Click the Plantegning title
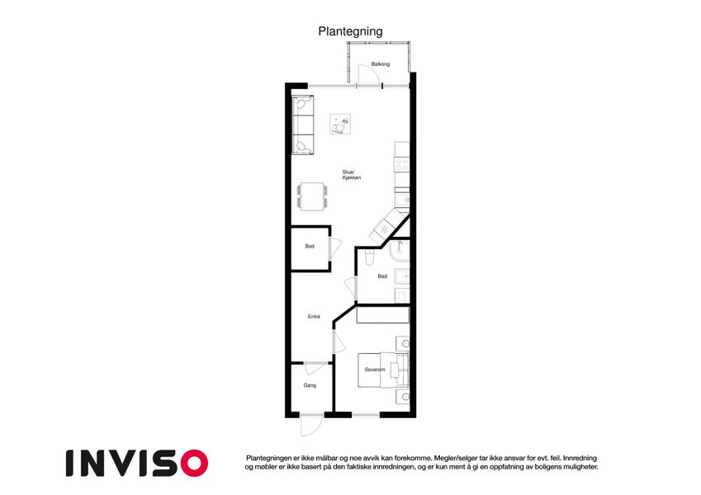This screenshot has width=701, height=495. (x=350, y=31)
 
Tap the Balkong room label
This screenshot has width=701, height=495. (x=381, y=64)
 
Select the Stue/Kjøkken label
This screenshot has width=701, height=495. (x=352, y=175)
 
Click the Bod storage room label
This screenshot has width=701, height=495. (x=310, y=246)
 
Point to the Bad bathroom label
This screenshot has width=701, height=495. (x=382, y=276)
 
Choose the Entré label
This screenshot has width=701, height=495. (x=314, y=317)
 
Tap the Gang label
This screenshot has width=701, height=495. (x=310, y=385)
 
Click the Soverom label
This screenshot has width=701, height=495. (x=375, y=370)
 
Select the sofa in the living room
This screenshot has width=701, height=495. (x=303, y=125)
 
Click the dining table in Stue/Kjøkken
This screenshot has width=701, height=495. (x=312, y=196)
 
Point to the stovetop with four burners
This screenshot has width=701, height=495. (x=402, y=164)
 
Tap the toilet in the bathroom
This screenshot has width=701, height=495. (x=369, y=257)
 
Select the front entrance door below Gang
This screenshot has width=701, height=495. (x=311, y=426)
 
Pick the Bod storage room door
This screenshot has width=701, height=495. (x=335, y=249)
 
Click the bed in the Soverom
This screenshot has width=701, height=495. (x=383, y=370)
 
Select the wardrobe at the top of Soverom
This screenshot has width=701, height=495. (x=383, y=315)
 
